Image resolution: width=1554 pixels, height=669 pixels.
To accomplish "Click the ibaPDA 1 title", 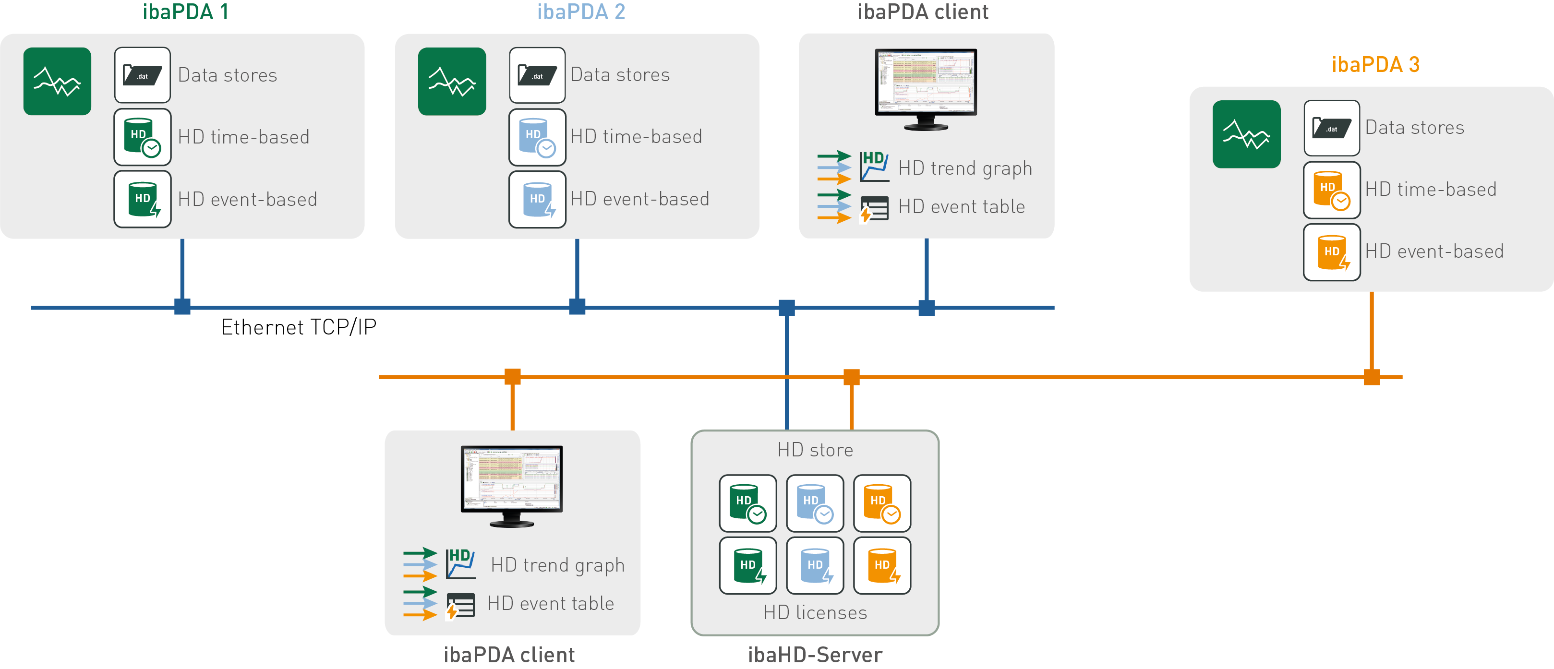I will [x=185, y=12].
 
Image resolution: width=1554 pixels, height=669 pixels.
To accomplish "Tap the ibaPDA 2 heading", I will [x=580, y=12].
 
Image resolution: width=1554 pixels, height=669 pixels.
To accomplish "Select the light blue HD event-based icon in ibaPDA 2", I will [x=537, y=200].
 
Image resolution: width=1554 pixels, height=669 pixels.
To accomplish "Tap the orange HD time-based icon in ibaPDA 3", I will [x=1331, y=190].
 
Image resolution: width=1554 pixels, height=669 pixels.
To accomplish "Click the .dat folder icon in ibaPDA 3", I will [x=1331, y=128].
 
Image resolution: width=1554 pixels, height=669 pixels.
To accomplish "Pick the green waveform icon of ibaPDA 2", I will [x=452, y=82].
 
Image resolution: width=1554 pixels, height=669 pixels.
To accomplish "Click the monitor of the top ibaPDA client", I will [x=926, y=87].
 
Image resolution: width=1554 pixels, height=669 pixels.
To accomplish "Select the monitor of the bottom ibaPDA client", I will [x=512, y=484].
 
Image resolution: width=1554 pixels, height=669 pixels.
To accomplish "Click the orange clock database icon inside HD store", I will [x=881, y=503].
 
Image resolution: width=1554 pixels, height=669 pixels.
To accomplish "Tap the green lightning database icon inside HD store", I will [x=747, y=565].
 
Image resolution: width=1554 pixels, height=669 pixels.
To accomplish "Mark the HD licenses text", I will [x=815, y=613].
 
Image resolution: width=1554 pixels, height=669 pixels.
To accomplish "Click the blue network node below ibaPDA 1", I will [x=182, y=307].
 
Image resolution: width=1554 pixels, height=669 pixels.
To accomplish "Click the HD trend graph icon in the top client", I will [x=874, y=167].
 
